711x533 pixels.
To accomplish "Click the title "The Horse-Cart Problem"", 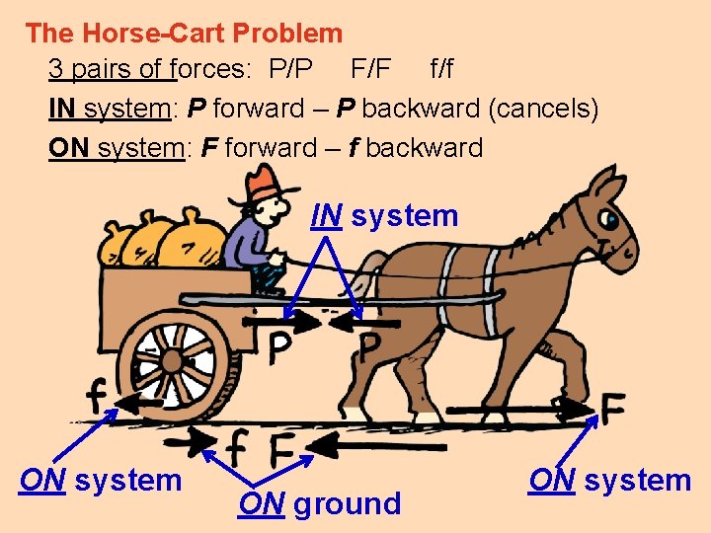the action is coord(184,34).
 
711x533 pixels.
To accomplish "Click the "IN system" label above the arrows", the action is coord(385,215).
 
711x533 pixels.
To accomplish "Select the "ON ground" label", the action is coord(320,503).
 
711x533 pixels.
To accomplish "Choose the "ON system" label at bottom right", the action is coord(609,481).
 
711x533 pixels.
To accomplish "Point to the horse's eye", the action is coord(612,218).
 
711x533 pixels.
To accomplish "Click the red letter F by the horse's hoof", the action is coord(612,407).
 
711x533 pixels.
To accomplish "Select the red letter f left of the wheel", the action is coord(97,398).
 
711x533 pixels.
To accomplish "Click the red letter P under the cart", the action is coord(279,347).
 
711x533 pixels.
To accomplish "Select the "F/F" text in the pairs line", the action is coord(371,70).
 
